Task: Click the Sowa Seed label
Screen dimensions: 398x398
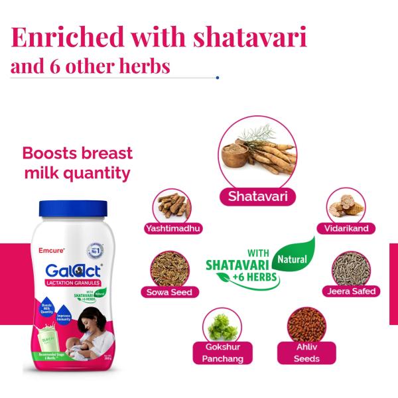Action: tap(168, 292)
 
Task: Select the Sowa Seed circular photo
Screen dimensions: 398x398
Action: tap(168, 268)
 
